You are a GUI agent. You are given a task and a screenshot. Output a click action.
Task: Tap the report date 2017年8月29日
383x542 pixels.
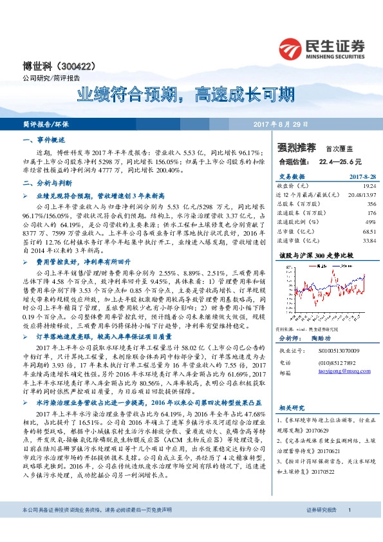281,124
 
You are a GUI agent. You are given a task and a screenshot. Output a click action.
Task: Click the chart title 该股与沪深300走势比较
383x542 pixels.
313,255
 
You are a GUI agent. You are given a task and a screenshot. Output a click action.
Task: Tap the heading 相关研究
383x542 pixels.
291,407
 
